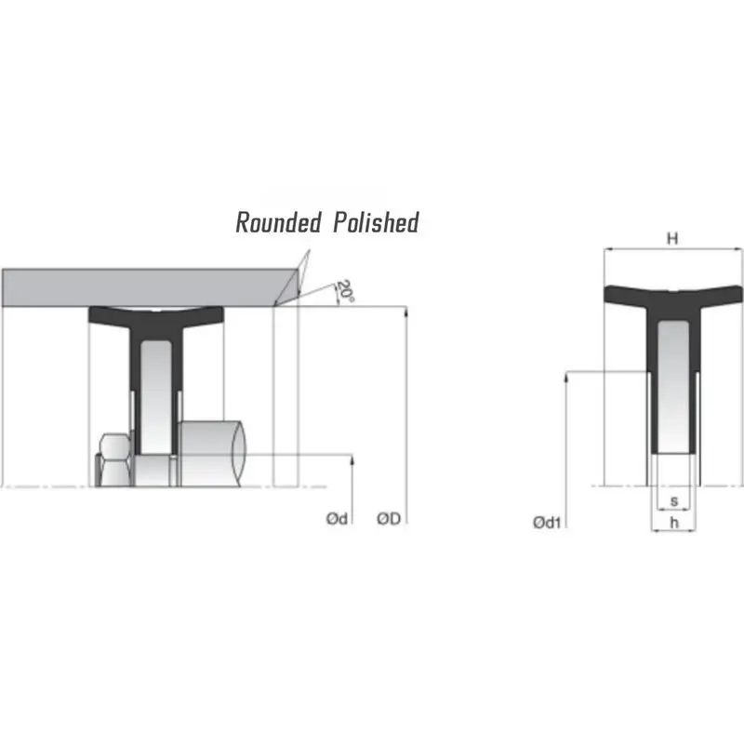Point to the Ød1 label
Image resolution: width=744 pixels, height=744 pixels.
pyautogui.click(x=547, y=524)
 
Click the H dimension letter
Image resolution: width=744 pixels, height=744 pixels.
pyautogui.click(x=672, y=238)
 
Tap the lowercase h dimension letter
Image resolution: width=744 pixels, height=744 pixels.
pyautogui.click(x=673, y=525)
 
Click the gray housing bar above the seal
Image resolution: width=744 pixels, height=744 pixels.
pyautogui.click(x=139, y=287)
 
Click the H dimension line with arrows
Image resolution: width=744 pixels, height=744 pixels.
pyautogui.click(x=651, y=249)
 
